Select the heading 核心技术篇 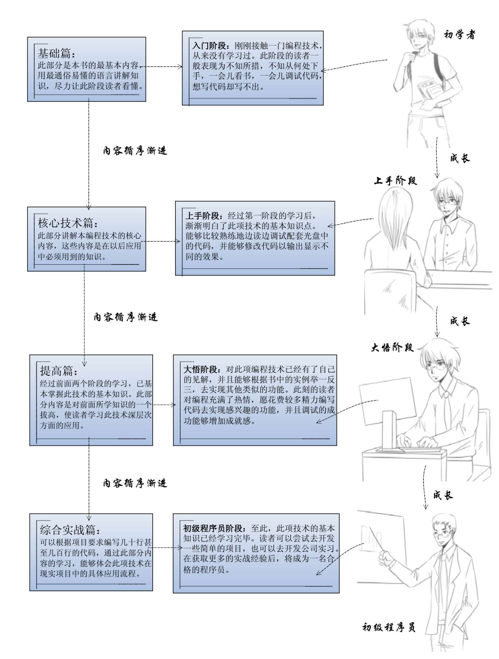(67, 223)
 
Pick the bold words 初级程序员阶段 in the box (213, 528)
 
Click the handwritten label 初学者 (459, 34)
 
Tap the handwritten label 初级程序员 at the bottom (389, 627)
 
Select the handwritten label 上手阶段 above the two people (395, 181)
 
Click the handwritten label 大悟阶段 (392, 348)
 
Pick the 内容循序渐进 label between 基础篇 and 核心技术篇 (135, 151)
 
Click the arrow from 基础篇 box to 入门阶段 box (162, 67)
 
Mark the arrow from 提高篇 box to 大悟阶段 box (164, 405)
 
